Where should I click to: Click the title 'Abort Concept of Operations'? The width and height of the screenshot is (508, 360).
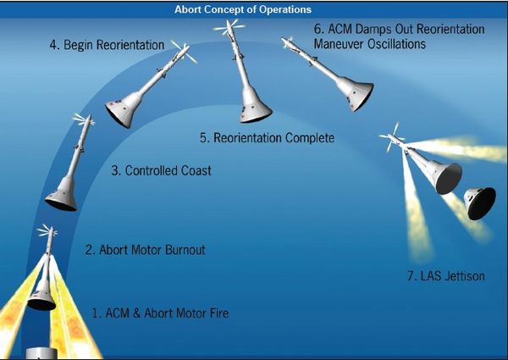243,9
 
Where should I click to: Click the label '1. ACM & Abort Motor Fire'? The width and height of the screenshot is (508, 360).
160,313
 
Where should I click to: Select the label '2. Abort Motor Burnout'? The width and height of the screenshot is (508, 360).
145,250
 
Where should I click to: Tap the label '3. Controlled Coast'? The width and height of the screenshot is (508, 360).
161,170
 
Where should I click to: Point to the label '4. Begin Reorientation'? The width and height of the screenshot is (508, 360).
107,45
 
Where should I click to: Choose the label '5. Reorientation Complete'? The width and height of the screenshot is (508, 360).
267,138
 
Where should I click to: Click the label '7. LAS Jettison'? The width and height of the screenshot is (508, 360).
446,276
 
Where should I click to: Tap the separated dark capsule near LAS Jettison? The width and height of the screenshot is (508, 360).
479,203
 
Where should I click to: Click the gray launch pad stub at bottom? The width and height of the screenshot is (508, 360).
41,353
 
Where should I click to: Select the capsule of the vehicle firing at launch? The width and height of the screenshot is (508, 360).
42,296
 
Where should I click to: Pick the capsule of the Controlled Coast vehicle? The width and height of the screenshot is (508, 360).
62,195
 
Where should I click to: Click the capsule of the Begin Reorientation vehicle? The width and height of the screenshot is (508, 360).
124,109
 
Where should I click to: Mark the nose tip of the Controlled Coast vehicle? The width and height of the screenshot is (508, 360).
90,116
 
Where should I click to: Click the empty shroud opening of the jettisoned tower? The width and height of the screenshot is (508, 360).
449,179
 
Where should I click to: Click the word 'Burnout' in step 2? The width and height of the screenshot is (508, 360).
185,250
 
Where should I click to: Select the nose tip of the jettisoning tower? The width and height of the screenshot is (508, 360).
389,136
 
